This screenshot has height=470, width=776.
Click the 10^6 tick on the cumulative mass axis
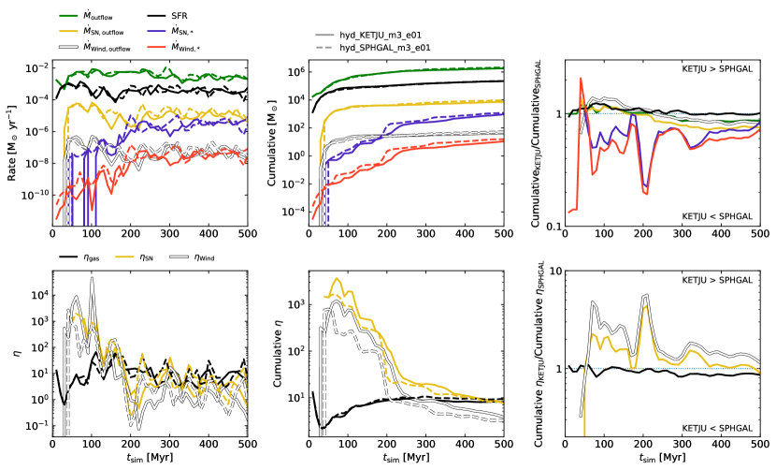tap(297, 72)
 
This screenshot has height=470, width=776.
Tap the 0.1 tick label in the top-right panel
tap(552, 227)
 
